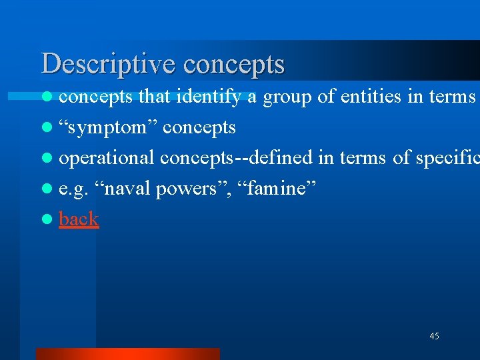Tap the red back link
point(79,219)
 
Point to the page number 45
point(434,337)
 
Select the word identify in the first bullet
point(208,97)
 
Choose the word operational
point(107,159)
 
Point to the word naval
point(127,189)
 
